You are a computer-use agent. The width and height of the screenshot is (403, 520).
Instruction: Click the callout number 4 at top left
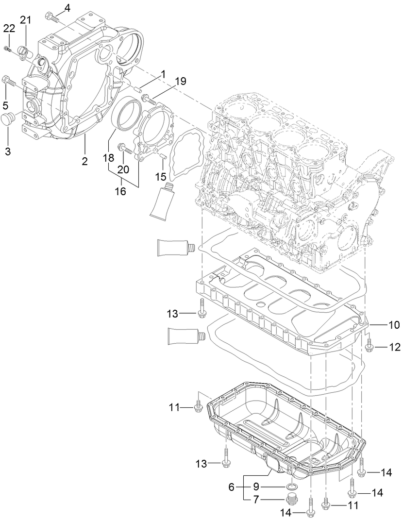[x=67, y=7]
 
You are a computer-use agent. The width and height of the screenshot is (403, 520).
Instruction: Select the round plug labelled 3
[x=9, y=119]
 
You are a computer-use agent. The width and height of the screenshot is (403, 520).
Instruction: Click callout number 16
[x=120, y=191]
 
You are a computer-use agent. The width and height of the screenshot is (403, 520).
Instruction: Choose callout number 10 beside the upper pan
[x=393, y=323]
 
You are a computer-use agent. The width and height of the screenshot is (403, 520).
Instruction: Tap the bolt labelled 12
[x=369, y=346]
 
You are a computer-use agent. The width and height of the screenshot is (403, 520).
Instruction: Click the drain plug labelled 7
[x=292, y=499]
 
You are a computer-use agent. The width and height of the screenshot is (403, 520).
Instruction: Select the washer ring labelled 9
[x=292, y=486]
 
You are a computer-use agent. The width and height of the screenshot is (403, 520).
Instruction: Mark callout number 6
[x=232, y=486]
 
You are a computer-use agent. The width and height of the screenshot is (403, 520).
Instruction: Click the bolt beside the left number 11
[x=198, y=407]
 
